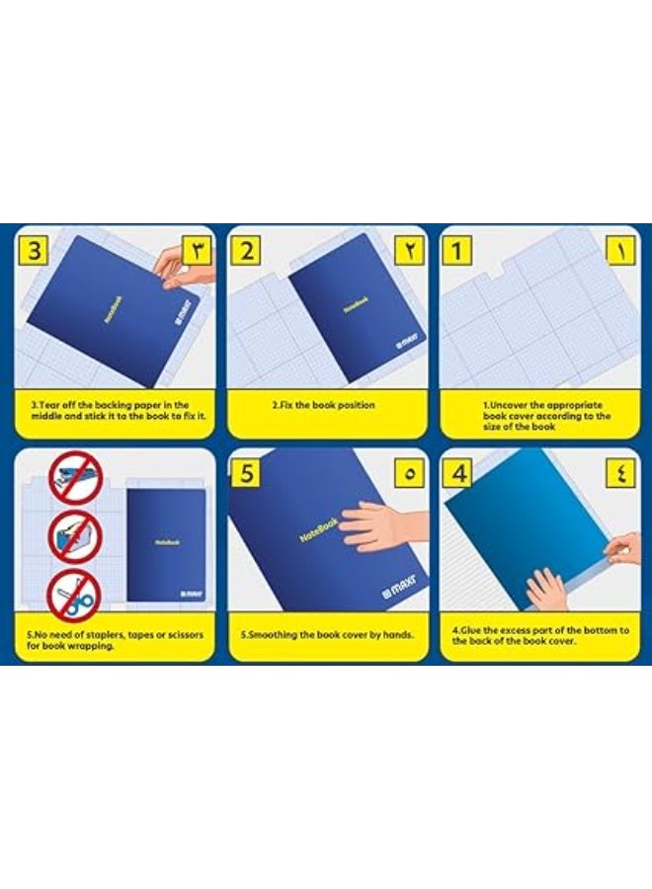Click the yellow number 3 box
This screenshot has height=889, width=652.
[x=35, y=250]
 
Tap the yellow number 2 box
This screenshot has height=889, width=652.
[x=246, y=250]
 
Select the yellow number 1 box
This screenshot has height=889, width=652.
[x=457, y=250]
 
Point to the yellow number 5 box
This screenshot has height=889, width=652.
[x=246, y=474]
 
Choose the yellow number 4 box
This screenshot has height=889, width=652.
[x=457, y=474]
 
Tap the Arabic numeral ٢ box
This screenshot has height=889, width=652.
[x=409, y=250]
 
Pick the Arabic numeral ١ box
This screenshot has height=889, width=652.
[x=619, y=250]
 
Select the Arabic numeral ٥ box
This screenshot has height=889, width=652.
[x=409, y=474]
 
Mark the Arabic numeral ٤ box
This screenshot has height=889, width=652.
[x=619, y=474]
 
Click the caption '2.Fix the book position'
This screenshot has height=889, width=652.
[x=323, y=405]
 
